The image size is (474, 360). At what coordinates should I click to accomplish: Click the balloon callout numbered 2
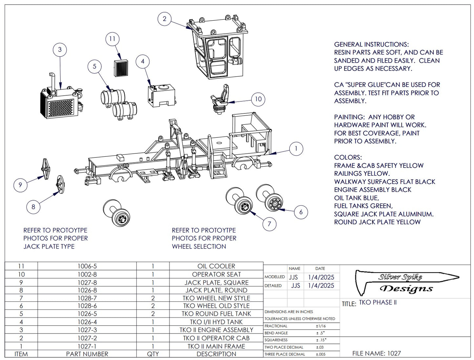click(x=164, y=19)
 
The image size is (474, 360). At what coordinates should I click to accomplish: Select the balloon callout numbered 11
click(x=112, y=39)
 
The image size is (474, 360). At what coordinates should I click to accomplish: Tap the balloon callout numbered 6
click(x=301, y=212)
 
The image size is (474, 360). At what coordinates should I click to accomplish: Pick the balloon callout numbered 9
click(x=20, y=185)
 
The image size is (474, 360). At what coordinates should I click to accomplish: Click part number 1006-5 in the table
click(x=87, y=266)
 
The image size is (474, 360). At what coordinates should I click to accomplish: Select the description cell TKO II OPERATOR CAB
click(x=216, y=338)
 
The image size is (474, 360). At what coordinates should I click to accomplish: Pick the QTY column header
click(x=153, y=354)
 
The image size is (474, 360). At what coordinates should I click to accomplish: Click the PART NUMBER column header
click(x=87, y=354)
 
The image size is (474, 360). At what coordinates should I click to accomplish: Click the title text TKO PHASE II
click(x=378, y=303)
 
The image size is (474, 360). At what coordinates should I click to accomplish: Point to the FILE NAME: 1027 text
click(x=376, y=353)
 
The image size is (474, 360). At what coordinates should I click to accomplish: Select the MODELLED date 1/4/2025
click(x=321, y=277)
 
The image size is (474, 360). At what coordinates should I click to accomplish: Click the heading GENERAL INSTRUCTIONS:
click(x=371, y=45)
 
